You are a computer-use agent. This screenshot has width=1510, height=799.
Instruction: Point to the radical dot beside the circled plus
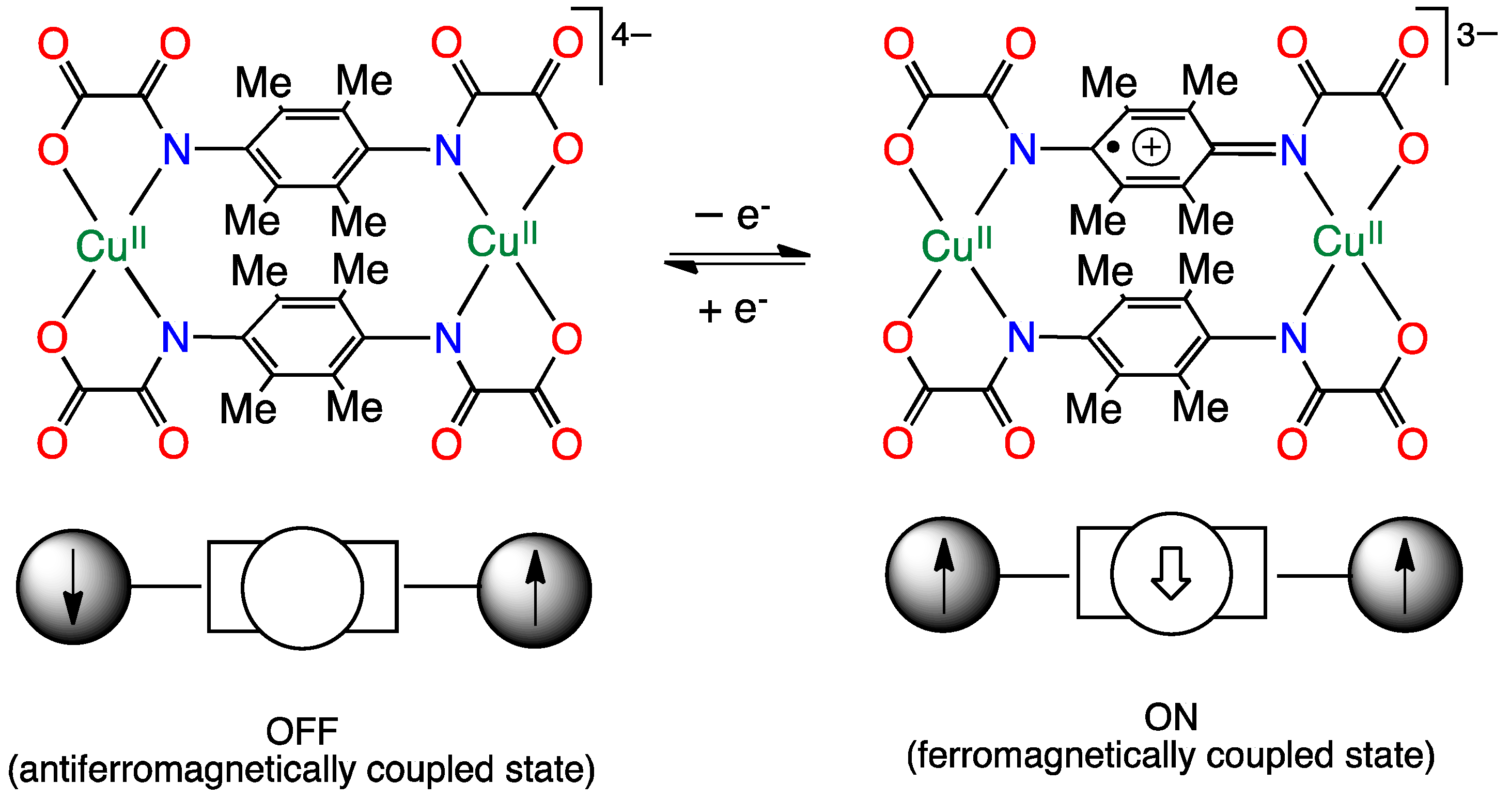tap(1113, 148)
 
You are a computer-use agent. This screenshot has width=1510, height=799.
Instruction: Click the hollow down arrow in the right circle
tap(1171, 573)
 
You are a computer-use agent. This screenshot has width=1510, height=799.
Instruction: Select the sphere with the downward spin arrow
tap(74, 587)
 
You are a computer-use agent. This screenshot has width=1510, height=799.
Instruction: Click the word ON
tap(1171, 717)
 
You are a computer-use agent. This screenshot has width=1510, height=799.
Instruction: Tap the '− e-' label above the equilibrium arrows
tap(732, 216)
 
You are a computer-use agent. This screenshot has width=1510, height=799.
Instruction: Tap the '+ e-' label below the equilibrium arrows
tap(732, 309)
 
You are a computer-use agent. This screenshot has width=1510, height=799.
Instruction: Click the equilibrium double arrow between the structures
tap(737, 259)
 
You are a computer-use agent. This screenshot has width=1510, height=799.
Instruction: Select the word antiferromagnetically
tap(188, 770)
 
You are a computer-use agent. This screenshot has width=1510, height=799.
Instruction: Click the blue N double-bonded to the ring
tap(1294, 151)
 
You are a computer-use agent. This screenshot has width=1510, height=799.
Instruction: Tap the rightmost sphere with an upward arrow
tap(1405, 575)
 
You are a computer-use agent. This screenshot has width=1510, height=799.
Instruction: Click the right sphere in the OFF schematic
tap(535, 590)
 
